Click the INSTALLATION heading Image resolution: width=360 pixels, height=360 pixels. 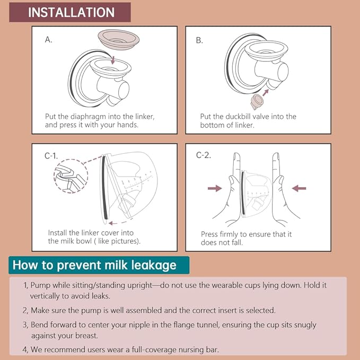[x=71, y=12]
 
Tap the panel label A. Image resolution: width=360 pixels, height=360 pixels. [x=49, y=40]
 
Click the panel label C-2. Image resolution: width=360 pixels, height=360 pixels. [x=204, y=155]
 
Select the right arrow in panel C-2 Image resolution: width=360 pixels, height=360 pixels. [x=299, y=188]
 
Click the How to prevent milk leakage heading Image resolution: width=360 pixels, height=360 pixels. [x=99, y=265]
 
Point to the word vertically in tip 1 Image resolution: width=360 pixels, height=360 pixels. [x=48, y=295]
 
